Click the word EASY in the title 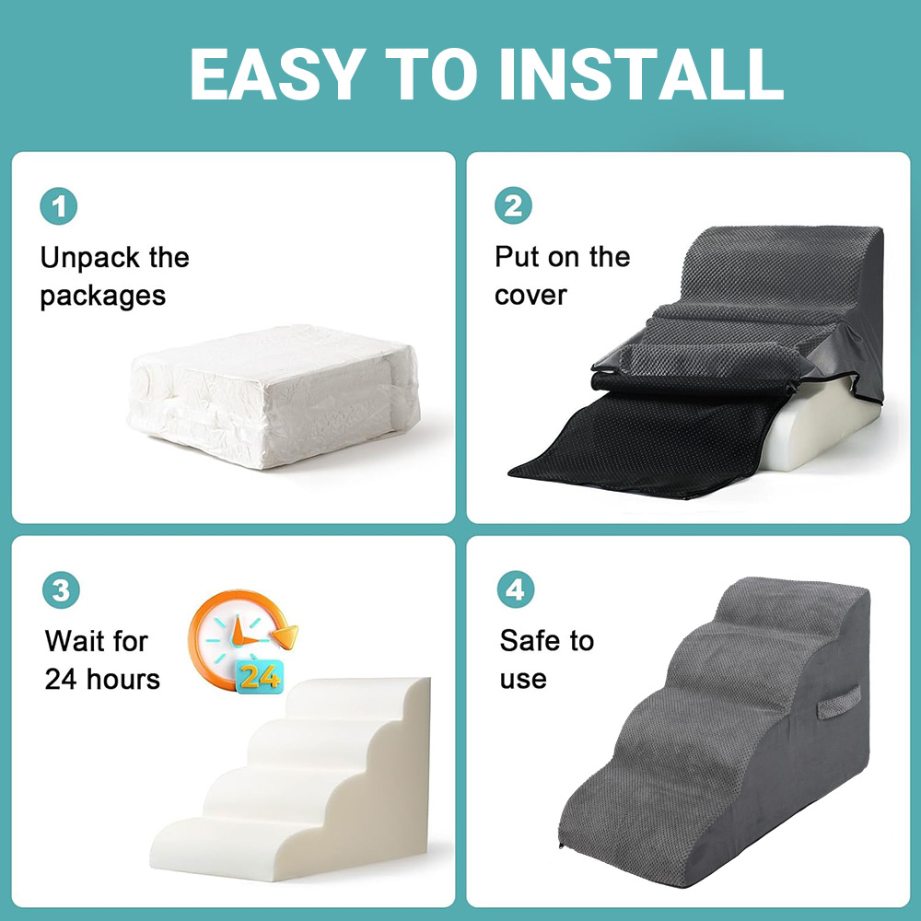pyautogui.click(x=274, y=74)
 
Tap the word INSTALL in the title pyautogui.click(x=641, y=74)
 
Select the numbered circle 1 pyautogui.click(x=59, y=206)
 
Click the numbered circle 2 pyautogui.click(x=513, y=205)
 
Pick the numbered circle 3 pyautogui.click(x=61, y=589)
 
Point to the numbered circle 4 pyautogui.click(x=516, y=589)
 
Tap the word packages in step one pyautogui.click(x=103, y=297)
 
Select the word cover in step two pyautogui.click(x=531, y=295)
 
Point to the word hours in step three pyautogui.click(x=123, y=679)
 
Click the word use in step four pyautogui.click(x=523, y=681)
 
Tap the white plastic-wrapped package pyautogui.click(x=274, y=396)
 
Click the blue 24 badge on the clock pyautogui.click(x=260, y=677)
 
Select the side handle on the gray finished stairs pyautogui.click(x=838, y=702)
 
